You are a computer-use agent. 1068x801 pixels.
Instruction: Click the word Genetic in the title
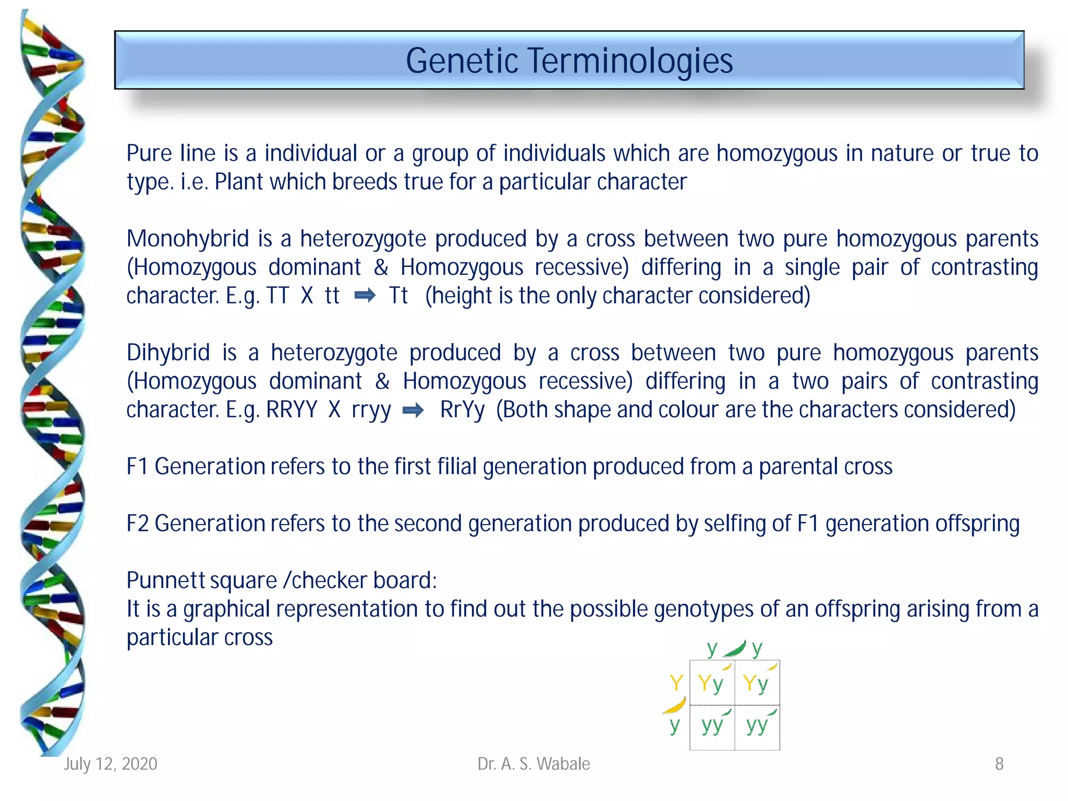[x=462, y=61]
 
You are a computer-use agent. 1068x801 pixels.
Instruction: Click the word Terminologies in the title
[x=630, y=61]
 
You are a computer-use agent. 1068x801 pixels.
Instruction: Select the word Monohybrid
[x=187, y=239]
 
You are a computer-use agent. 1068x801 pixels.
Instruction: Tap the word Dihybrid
[x=168, y=353]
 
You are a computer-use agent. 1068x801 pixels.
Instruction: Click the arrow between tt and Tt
[x=365, y=296]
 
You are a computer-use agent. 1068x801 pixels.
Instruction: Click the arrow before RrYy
[x=413, y=410]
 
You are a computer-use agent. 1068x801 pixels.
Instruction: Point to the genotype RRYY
[x=292, y=410]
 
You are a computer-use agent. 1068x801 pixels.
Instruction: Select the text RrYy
[x=462, y=410]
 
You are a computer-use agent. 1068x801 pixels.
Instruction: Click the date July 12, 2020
[x=110, y=764]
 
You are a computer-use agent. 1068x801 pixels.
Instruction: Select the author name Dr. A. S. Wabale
[x=533, y=764]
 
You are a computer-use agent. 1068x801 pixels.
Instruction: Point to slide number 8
[x=999, y=764]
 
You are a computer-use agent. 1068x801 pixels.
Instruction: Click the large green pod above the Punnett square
[x=735, y=649]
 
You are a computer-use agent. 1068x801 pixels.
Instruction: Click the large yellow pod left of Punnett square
[x=675, y=706]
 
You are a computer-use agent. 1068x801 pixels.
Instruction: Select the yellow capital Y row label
[x=676, y=683]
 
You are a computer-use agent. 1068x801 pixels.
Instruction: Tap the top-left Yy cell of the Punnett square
[x=711, y=683]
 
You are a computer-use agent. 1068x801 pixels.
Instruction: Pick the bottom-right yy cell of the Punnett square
[x=757, y=726]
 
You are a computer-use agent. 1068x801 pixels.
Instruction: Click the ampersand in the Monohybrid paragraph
[x=381, y=268]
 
